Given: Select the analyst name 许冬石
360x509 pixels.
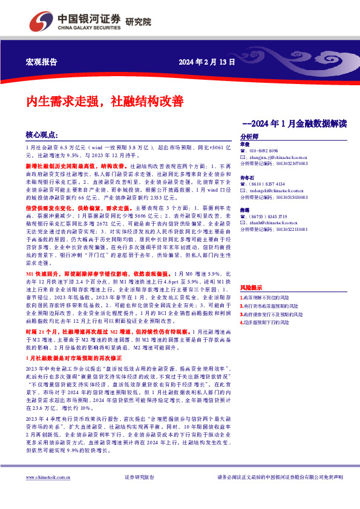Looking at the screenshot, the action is pos(246,178).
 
